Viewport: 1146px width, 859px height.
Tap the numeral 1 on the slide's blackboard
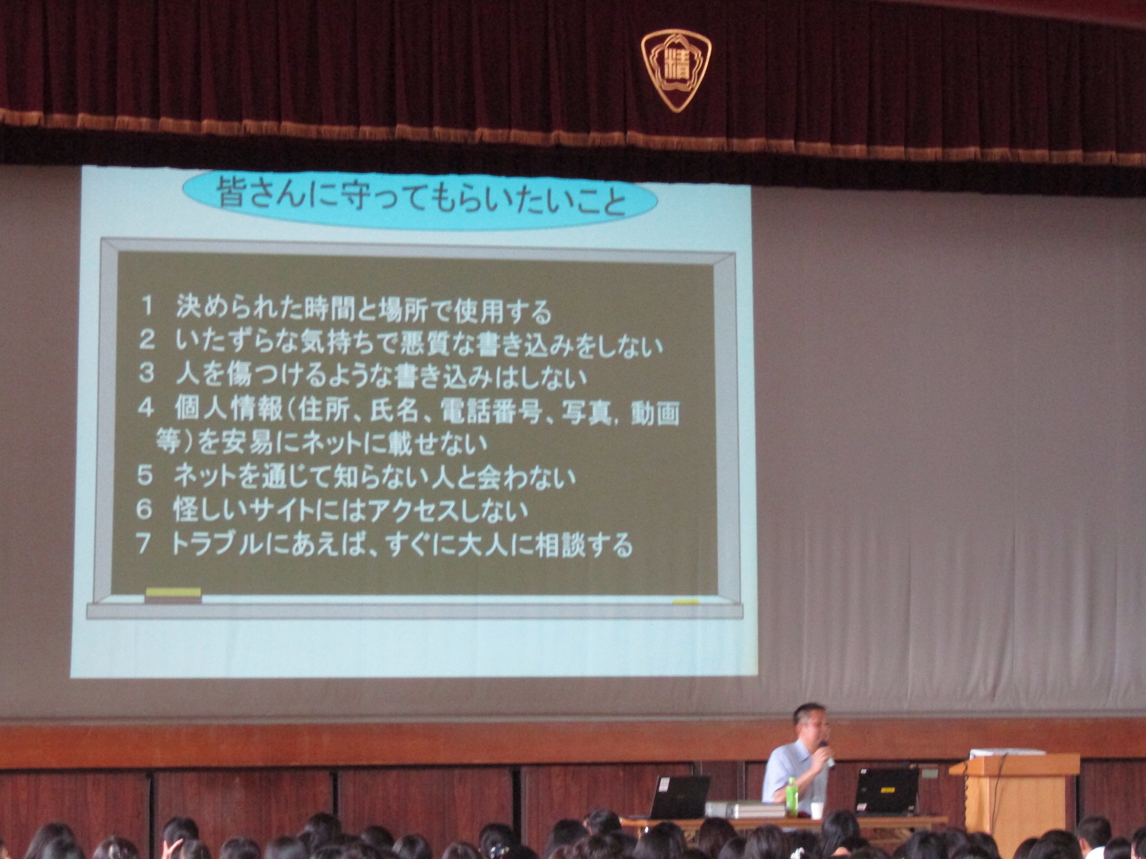coord(147,307)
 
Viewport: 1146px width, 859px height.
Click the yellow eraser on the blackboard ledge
coord(173,595)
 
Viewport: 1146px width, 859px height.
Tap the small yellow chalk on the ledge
coord(686,602)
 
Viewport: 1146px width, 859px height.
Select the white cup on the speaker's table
coord(816,811)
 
